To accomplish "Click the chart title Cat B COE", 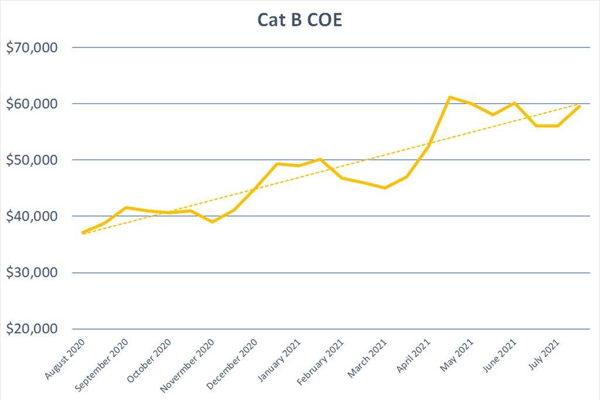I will [299, 20].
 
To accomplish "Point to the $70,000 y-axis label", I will [32, 47].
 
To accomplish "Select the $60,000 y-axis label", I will [32, 104].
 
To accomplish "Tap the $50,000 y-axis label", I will [32, 160].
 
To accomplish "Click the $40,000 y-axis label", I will [32, 216].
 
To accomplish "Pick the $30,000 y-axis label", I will [32, 272].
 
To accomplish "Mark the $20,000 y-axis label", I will [32, 329].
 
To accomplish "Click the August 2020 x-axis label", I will [64, 358].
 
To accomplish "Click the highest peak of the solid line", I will [449, 97].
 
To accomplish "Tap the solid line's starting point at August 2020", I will [83, 233].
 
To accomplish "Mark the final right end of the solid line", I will [579, 106].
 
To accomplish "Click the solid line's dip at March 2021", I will [384, 188].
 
